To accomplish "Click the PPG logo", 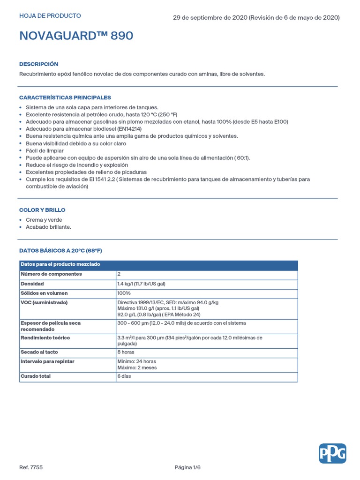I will pyautogui.click(x=332, y=453).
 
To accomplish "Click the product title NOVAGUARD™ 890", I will pyautogui.click(x=76, y=36).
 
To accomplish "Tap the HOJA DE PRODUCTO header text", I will pyautogui.click(x=50, y=16).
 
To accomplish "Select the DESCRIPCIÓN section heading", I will pyautogui.click(x=38, y=64).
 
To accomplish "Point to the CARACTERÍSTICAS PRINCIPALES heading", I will pyautogui.click(x=65, y=97).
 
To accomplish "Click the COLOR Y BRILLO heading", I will pyautogui.click(x=42, y=210).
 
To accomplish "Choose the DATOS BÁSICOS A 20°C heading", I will pyautogui.click(x=60, y=251).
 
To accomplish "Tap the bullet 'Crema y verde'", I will pyautogui.click(x=44, y=220).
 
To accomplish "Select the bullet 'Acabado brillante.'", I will pyautogui.click(x=48, y=227).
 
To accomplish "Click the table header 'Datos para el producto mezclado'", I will pyautogui.click(x=60, y=265).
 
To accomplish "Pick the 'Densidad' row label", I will pyautogui.click(x=32, y=284).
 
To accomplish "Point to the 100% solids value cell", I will pyautogui.click(x=124, y=293).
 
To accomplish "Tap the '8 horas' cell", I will pyautogui.click(x=126, y=352).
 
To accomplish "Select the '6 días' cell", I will pyautogui.click(x=124, y=376).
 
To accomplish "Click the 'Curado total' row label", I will pyautogui.click(x=36, y=376).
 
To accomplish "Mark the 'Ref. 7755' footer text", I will pyautogui.click(x=31, y=467).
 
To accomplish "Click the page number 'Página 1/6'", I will pyautogui.click(x=187, y=467).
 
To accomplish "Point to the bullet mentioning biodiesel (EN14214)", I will pyautogui.click(x=83, y=129).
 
